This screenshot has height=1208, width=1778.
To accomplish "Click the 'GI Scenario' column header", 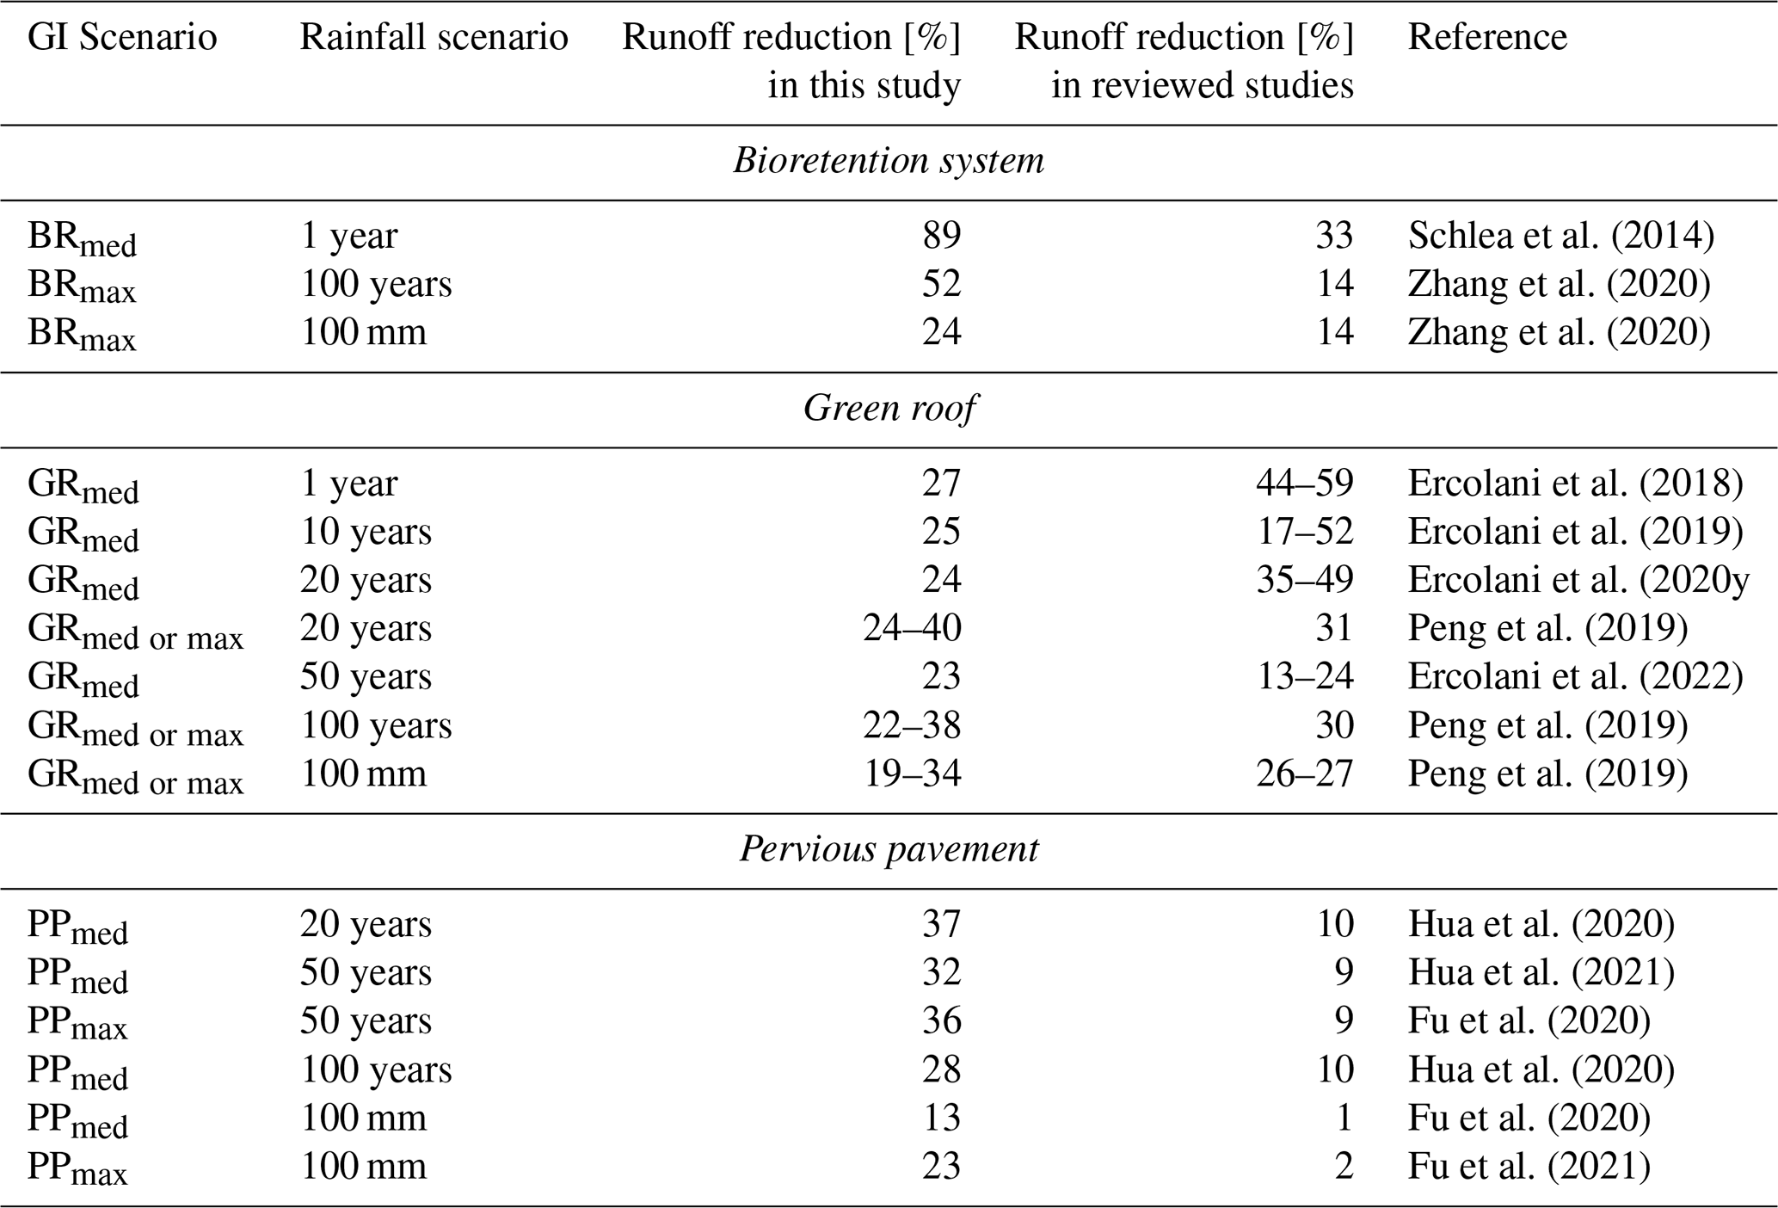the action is (x=122, y=37).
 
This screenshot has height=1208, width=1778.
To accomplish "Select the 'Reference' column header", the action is (x=1487, y=37).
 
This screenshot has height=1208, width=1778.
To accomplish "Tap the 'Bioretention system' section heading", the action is (x=889, y=161).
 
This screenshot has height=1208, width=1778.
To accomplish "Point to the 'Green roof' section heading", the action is (x=889, y=408).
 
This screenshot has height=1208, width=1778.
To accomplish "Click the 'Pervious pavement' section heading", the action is (x=889, y=849).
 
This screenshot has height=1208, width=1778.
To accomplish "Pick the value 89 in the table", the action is (x=942, y=235).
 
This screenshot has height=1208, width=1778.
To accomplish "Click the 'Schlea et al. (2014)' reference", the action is (x=1560, y=235).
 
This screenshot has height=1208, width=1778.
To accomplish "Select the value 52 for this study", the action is (x=942, y=283).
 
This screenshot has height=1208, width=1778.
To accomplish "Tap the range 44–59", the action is (x=1305, y=483).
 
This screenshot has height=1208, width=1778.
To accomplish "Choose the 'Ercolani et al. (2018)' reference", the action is (x=1575, y=483).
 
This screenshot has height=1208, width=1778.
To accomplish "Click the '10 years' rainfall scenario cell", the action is (x=366, y=531).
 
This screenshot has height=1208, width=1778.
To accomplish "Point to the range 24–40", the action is (x=912, y=627).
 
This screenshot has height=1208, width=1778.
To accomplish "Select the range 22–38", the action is (x=912, y=724).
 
